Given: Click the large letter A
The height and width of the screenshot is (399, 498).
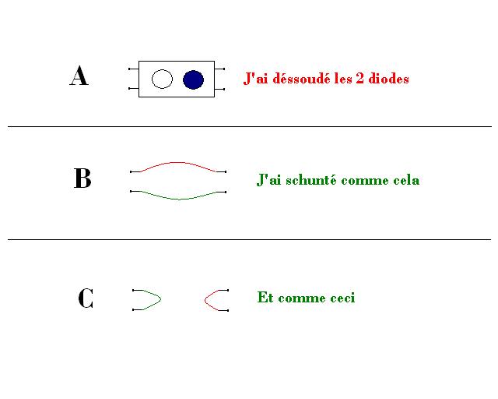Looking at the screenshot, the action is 79,76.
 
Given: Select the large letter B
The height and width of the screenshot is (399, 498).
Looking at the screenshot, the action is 82,179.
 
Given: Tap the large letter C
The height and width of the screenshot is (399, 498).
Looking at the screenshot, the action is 86,298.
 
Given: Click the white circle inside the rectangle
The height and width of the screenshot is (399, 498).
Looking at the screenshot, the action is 162,79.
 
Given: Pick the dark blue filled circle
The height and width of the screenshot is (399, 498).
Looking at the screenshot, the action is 193,79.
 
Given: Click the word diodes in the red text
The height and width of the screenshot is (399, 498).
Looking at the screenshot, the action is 388,79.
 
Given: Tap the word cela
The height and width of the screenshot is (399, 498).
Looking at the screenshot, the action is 405,181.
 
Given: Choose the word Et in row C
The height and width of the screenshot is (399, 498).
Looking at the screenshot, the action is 265,298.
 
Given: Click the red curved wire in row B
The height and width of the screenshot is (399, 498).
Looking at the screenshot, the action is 179,163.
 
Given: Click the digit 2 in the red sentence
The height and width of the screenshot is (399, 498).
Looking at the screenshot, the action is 360,79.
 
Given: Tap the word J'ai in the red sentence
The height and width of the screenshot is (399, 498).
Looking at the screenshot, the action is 257,79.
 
